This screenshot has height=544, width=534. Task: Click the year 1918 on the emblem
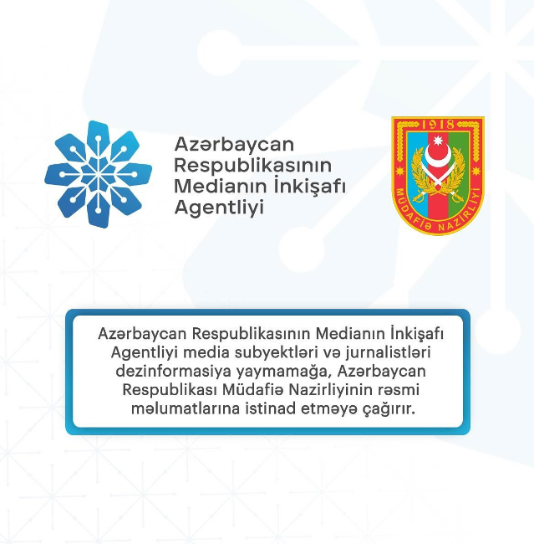[x=438, y=124]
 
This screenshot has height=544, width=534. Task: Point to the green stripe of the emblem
[x=459, y=167]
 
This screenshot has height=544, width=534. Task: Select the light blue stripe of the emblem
[x=417, y=167]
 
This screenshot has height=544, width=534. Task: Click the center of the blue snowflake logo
[x=98, y=174]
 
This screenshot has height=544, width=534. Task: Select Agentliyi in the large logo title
[x=219, y=208]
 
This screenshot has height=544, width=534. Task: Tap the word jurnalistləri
[x=388, y=352]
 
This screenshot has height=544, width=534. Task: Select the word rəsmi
[x=406, y=390]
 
